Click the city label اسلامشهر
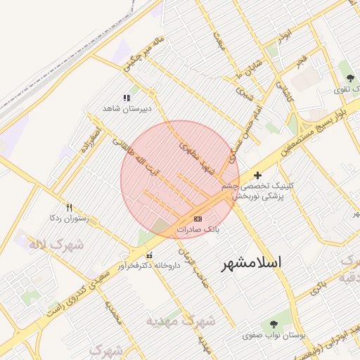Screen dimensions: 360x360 251,262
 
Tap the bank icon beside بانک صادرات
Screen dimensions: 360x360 196,219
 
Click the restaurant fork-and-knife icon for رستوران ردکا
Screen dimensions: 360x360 69,207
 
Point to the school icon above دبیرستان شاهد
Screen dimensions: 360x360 127,98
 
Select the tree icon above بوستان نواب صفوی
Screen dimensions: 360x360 274,324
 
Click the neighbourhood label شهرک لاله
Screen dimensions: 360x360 56,244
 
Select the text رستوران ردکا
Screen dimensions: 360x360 67,219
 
